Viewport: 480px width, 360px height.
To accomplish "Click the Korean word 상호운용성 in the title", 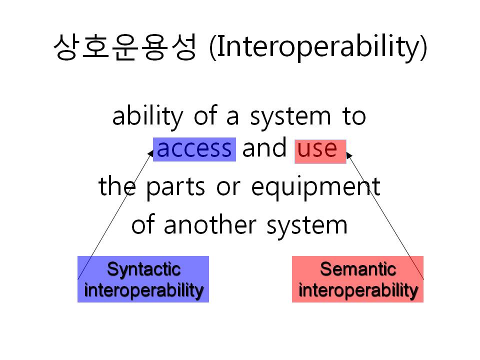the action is pos(125,46).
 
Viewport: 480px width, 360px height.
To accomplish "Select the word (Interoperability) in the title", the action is pos(318,47).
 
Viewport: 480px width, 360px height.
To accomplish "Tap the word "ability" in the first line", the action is pos(147,116).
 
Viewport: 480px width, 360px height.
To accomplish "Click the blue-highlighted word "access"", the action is pos(194,149).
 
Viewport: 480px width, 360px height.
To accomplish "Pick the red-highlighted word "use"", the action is pos(317,149).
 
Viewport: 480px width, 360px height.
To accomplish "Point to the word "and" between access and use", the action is pos(264,147).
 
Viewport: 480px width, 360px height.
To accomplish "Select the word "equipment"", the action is pos(315,187).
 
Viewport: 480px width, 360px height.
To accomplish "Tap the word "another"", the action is pos(210,225).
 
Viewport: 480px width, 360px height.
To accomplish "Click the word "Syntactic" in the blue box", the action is pos(143,269).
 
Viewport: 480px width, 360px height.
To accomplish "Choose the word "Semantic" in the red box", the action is pos(358,269).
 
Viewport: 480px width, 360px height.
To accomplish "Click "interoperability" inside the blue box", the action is pos(143,290).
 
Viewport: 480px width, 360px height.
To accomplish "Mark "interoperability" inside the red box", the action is pos(358,290).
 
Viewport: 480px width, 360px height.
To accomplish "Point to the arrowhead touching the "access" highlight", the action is pos(150,153).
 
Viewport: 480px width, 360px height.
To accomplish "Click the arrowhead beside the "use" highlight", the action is pos(348,155).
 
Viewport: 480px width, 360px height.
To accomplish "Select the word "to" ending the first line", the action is pos(354,116).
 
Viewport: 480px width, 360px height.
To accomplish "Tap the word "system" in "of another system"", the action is pos(307,226).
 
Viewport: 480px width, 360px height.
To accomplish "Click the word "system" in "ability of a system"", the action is pos(290,118).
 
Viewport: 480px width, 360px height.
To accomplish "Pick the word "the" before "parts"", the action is pos(117,186).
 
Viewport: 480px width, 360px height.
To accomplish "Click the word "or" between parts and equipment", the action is pos(228,188).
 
